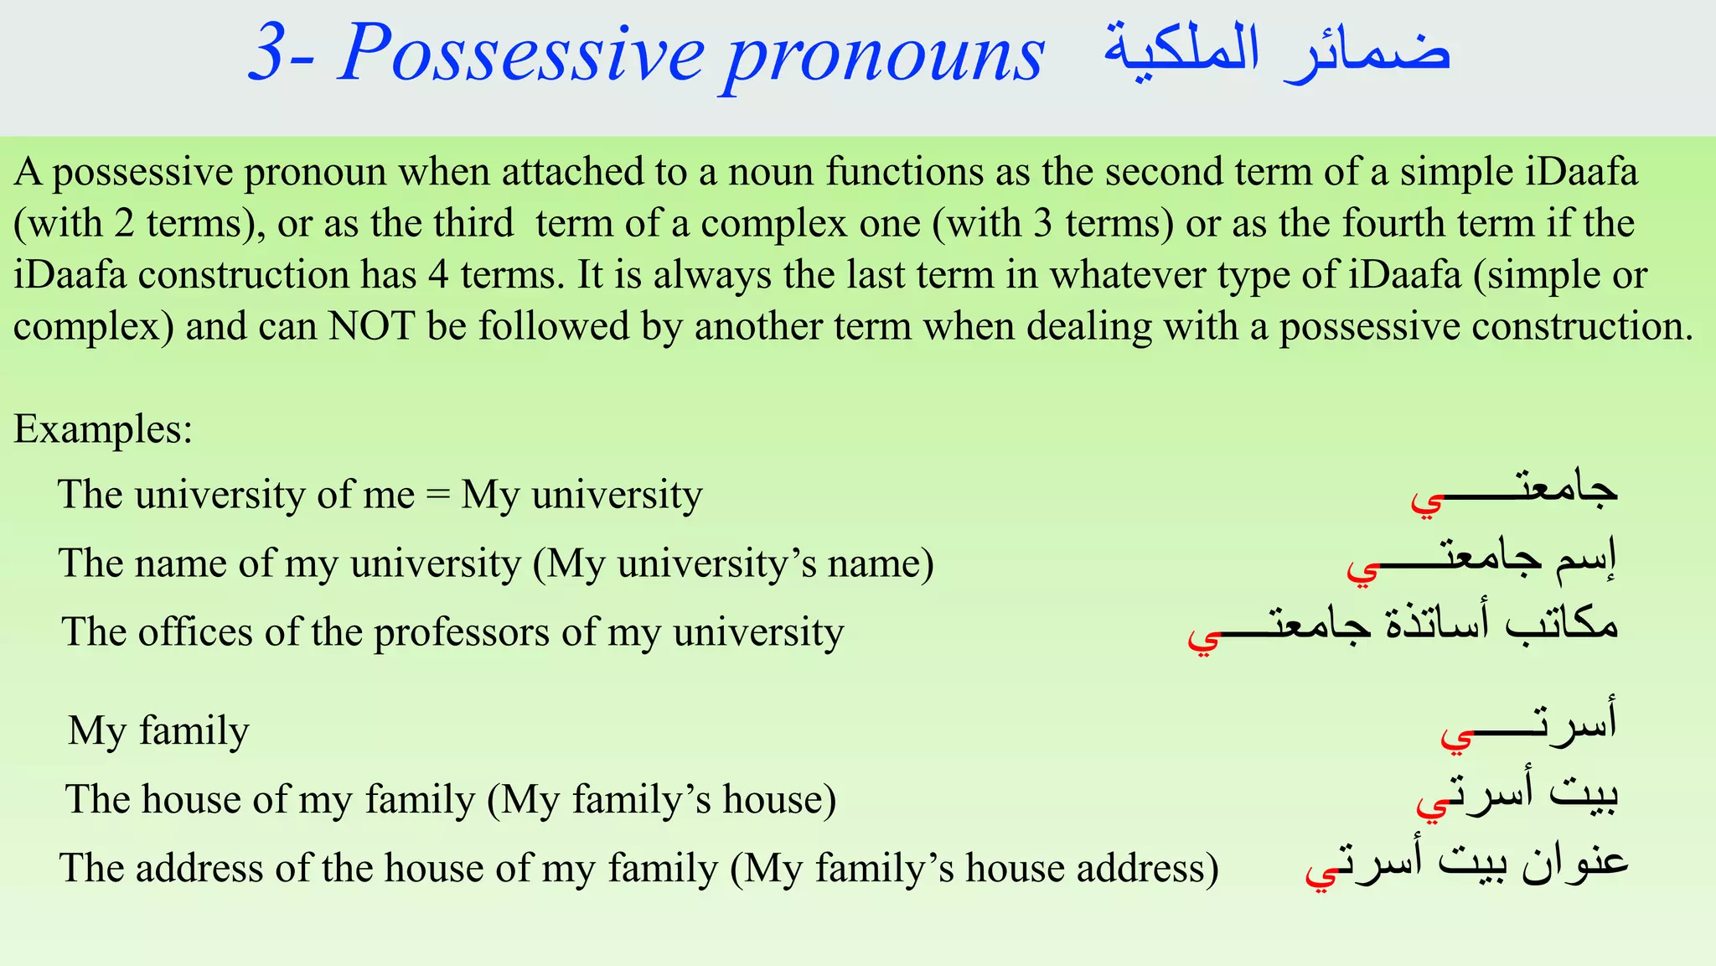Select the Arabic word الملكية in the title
coord(1181,50)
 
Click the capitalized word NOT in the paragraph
coord(371,326)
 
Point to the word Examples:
coord(103,429)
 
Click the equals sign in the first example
coord(437,495)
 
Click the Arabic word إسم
coord(1585,560)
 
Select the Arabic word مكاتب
coord(1560,626)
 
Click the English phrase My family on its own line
coord(158,730)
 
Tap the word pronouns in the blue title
coord(884,55)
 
